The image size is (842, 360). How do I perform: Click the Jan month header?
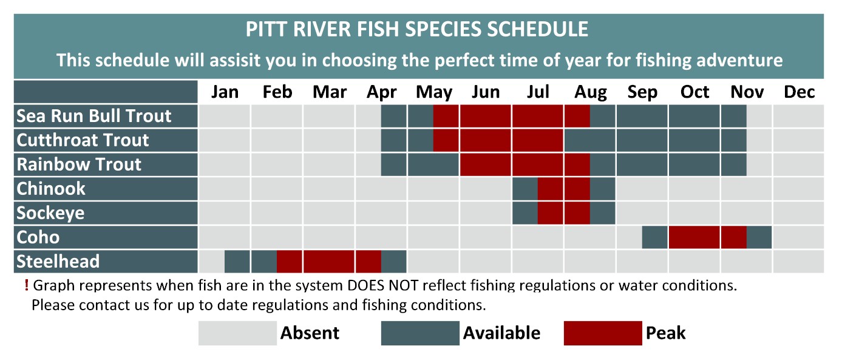point(225,92)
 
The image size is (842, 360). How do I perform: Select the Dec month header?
point(799,92)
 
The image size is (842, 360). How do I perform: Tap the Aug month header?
point(591,93)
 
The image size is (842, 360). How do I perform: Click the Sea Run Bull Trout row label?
point(94,116)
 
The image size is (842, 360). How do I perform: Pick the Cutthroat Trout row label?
point(83,140)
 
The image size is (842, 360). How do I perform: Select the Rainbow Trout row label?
point(79,165)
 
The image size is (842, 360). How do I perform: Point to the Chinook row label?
point(51,189)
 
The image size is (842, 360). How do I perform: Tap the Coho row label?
point(38,237)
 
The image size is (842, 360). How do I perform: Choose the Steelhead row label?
point(58,262)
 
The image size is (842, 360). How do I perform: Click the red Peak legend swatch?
point(603,333)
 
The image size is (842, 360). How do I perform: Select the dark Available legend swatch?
point(420,333)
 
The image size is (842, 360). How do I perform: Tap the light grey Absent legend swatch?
point(237,333)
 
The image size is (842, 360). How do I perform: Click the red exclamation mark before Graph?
point(26,285)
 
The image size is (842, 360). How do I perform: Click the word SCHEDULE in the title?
point(537,29)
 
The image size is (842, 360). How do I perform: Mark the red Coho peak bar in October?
point(694,237)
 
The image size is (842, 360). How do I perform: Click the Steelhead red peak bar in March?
point(329,262)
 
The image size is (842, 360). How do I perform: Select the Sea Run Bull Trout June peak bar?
point(485,116)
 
